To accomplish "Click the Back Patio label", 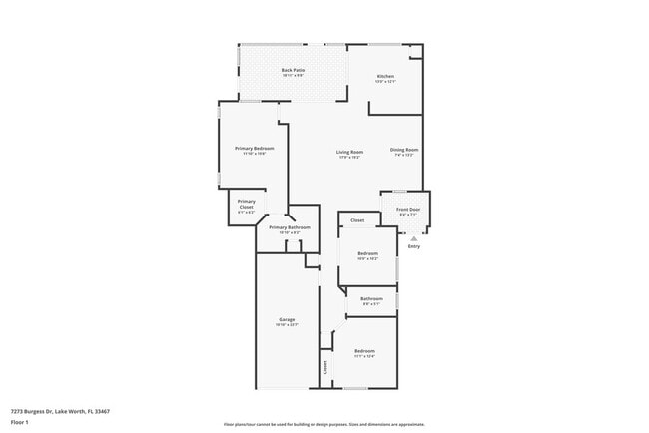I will pyautogui.click(x=293, y=70).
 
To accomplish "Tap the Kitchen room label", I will pyautogui.click(x=385, y=77).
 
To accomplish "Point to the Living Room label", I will pyautogui.click(x=348, y=152).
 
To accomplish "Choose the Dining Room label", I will pyautogui.click(x=404, y=150).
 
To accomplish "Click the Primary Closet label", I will pyautogui.click(x=246, y=203).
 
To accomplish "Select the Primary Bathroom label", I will pyautogui.click(x=290, y=227).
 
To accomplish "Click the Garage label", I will pyautogui.click(x=287, y=319).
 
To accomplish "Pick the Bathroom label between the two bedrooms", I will pyautogui.click(x=371, y=298).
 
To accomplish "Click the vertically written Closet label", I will pyautogui.click(x=325, y=366).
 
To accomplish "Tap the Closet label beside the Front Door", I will pyautogui.click(x=357, y=219).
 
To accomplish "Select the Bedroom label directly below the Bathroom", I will pyautogui.click(x=364, y=351).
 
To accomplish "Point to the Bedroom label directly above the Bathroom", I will pyautogui.click(x=368, y=253).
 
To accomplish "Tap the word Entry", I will pyautogui.click(x=413, y=246).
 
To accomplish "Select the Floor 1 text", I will pyautogui.click(x=20, y=422).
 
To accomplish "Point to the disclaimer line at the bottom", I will pyautogui.click(x=324, y=424).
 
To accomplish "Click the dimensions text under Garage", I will pyautogui.click(x=287, y=325).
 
